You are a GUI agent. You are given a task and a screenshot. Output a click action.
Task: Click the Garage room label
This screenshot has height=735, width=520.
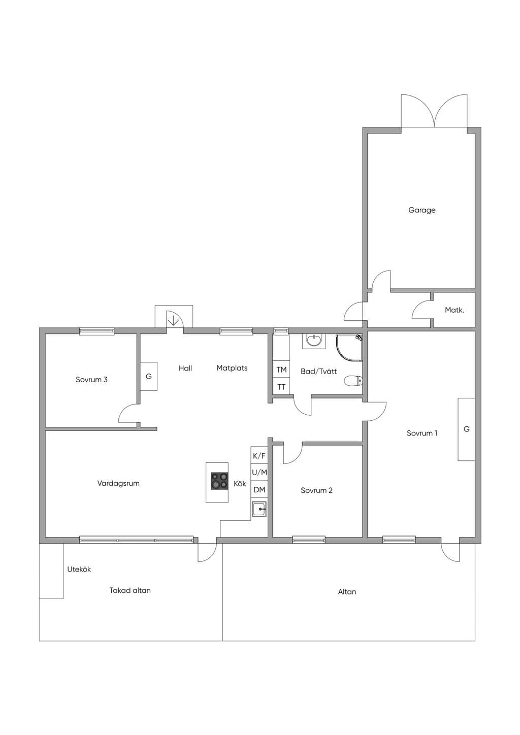coord(422,210)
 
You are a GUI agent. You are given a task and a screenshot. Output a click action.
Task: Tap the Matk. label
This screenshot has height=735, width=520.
coord(454,310)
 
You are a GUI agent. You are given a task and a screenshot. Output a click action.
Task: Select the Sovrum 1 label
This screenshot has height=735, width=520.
coord(422,433)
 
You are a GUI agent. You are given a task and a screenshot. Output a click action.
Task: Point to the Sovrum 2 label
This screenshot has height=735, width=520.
coord(316,490)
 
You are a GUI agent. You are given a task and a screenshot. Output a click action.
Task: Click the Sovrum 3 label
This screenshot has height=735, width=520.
coord(91,380)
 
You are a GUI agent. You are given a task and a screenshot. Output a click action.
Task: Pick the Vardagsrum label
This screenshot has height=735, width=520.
coord(118,483)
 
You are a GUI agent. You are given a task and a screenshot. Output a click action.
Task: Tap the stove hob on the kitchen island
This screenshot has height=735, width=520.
coord(219,481)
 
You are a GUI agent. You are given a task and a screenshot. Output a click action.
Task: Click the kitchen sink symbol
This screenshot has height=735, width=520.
coord(259,509)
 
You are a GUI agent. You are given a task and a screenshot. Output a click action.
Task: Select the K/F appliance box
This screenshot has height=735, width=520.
coord(259,455)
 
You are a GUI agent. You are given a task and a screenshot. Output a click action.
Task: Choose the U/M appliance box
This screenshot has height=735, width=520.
coord(259,472)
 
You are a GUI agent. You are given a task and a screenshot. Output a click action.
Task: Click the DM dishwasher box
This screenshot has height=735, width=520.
coord(259,489)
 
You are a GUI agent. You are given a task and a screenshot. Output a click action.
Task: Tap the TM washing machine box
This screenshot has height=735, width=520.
coord(281,370)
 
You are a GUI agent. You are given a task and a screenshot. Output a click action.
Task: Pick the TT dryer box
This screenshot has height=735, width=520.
coord(281,386)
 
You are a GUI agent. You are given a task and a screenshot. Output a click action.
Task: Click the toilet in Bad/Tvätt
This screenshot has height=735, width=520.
coord(353,381)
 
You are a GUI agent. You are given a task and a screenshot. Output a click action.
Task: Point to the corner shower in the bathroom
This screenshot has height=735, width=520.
coord(349,348)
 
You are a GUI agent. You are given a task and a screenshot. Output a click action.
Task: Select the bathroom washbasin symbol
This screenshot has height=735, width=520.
coord(314,341)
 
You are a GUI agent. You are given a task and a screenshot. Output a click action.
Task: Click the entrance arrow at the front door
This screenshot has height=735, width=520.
coord(173,319)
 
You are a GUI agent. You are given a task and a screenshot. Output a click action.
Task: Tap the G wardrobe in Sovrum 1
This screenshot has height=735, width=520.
coord(467,429)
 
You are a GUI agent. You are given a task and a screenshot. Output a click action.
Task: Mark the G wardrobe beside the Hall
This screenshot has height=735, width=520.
coord(149,376)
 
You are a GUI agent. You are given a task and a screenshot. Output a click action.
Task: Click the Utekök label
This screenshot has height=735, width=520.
coord(79,570)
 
